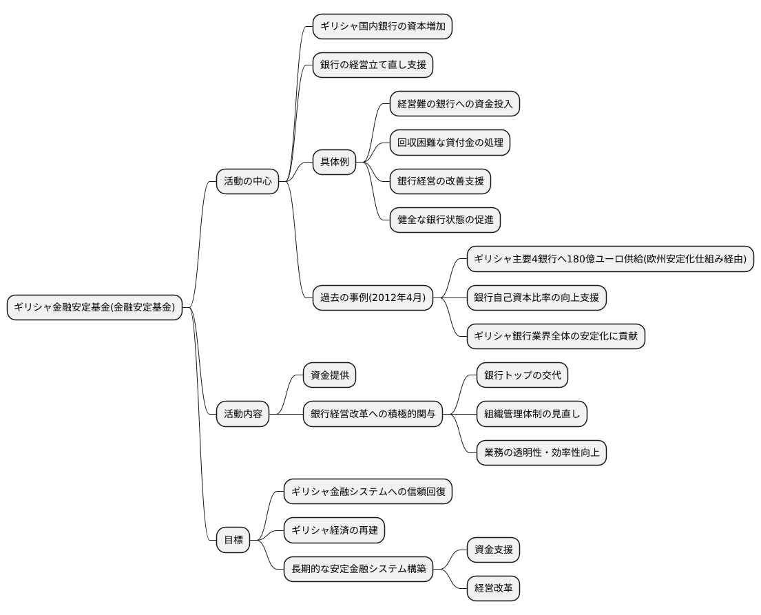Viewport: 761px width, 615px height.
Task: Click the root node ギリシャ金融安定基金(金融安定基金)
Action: [x=95, y=307]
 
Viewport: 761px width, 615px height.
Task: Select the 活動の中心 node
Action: [x=247, y=182]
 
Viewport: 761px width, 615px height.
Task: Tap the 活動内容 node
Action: [x=242, y=414]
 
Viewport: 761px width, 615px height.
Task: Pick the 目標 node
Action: [x=233, y=540]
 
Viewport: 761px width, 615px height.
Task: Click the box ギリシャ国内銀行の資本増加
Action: [x=382, y=27]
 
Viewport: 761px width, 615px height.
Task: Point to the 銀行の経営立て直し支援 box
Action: [x=373, y=65]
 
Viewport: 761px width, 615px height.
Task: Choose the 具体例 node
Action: [x=334, y=163]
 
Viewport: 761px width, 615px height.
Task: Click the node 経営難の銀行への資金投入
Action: [x=455, y=104]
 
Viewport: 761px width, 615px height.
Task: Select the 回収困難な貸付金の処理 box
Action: [x=450, y=143]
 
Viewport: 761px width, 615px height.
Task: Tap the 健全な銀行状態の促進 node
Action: [x=445, y=220]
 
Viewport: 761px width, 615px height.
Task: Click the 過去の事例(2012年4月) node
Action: [x=373, y=298]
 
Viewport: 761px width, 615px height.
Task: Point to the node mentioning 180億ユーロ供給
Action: [x=610, y=259]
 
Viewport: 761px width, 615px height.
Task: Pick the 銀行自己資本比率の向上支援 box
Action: [x=536, y=298]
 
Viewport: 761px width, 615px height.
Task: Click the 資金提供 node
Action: [x=329, y=375]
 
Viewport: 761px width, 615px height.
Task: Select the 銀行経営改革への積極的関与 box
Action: [x=373, y=414]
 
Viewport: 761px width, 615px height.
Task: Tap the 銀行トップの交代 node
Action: [x=522, y=375]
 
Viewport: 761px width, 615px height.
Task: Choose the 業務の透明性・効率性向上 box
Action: [x=541, y=452]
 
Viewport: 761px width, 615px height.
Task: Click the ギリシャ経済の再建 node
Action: [x=334, y=530]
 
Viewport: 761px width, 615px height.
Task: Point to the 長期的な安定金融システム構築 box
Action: [x=358, y=569]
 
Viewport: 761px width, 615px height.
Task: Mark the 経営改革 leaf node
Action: [x=493, y=588]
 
